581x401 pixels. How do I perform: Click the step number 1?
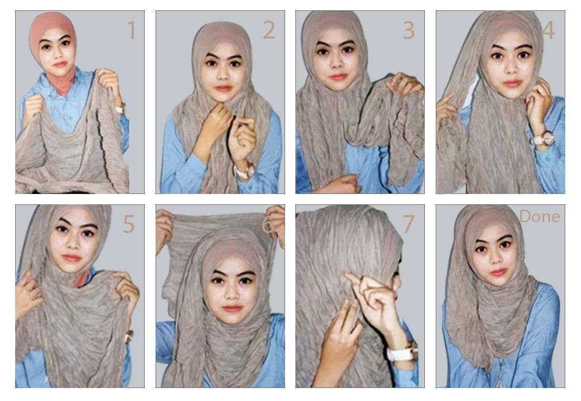[x=132, y=30]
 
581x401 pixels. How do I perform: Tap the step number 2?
[x=269, y=30]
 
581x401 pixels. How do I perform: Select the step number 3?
[x=409, y=30]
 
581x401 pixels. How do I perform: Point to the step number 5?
[x=128, y=224]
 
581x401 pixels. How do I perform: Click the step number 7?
[x=408, y=224]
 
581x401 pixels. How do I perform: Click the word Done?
[x=539, y=216]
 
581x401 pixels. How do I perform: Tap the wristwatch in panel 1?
[x=120, y=108]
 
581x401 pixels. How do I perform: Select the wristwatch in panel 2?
[x=245, y=171]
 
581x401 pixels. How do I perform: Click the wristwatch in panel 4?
[x=542, y=139]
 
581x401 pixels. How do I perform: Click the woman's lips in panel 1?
[x=60, y=64]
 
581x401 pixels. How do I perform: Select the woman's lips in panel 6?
[x=233, y=309]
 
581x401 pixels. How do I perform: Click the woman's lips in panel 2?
[x=223, y=88]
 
